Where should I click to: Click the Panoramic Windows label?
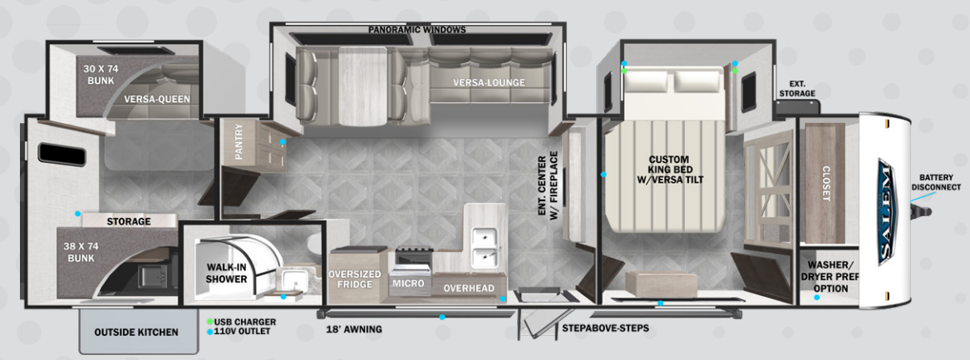(417, 30)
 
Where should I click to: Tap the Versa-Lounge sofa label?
(489, 82)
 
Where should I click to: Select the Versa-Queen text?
(156, 99)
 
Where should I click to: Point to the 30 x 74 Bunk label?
(101, 75)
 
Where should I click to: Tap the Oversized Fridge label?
(350, 279)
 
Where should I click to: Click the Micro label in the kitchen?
(407, 284)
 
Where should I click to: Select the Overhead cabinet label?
(468, 288)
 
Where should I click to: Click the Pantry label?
(239, 141)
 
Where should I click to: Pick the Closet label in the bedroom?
(825, 184)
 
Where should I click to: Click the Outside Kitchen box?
(136, 332)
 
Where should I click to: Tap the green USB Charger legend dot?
(211, 323)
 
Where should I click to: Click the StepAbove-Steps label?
(606, 328)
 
